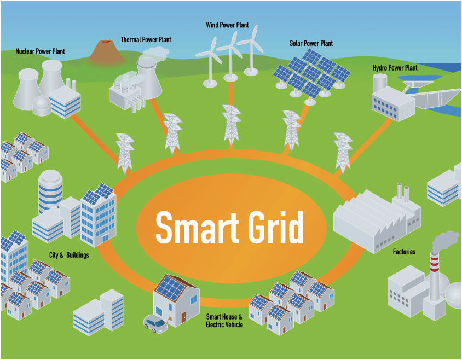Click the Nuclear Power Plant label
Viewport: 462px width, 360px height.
point(40,51)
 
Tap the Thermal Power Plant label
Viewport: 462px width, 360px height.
point(146,40)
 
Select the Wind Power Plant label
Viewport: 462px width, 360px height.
point(227,25)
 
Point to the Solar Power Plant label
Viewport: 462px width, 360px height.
point(311,43)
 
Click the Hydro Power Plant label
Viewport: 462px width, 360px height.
point(395,68)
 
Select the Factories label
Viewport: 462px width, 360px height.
point(404,252)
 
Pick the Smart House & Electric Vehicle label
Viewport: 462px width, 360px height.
point(224,321)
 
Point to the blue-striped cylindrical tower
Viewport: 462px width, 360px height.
point(50,191)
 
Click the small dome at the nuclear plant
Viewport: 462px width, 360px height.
point(42,104)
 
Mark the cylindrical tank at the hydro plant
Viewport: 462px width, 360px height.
point(380,83)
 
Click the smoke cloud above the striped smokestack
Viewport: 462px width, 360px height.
point(444,240)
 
